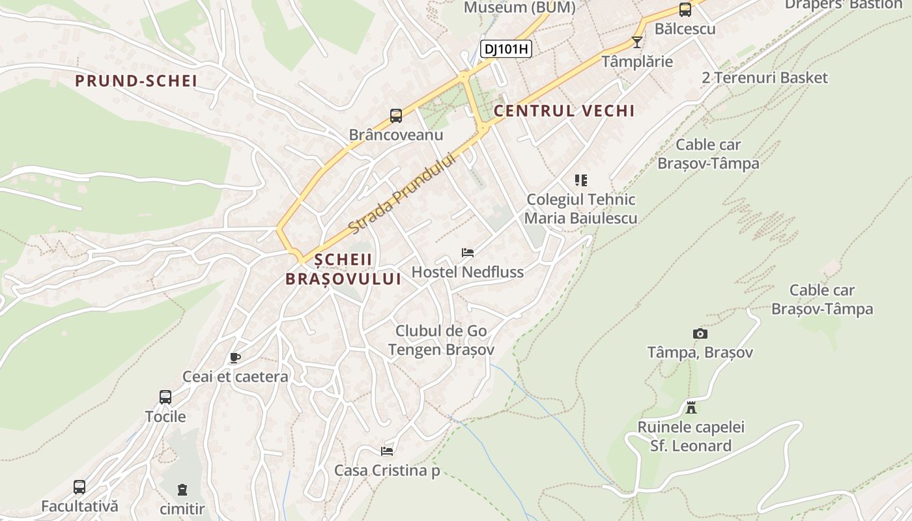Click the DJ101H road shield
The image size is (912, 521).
tap(506, 48)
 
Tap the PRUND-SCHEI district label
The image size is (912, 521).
tap(135, 81)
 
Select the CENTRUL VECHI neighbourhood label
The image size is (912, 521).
tap(564, 111)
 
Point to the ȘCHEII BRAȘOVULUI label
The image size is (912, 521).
tap(343, 269)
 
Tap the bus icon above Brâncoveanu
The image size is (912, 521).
tap(396, 116)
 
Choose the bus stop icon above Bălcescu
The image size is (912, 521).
tap(685, 10)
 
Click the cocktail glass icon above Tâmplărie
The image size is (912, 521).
tap(637, 42)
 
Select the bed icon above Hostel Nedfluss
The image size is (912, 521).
tap(467, 253)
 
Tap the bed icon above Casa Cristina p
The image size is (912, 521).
tap(387, 451)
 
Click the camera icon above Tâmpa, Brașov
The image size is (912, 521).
tap(700, 333)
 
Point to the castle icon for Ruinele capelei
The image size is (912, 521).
tap(691, 408)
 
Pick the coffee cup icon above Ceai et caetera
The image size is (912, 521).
tap(235, 358)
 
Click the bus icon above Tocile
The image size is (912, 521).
tap(165, 397)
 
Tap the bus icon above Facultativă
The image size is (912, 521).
tap(79, 487)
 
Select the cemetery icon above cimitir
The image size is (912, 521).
tap(182, 489)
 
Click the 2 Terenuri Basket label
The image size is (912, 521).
tap(765, 77)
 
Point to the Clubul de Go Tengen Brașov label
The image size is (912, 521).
tap(441, 340)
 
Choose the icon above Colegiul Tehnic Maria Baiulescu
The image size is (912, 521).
tap(581, 180)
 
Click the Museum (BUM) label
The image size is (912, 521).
tap(519, 7)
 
